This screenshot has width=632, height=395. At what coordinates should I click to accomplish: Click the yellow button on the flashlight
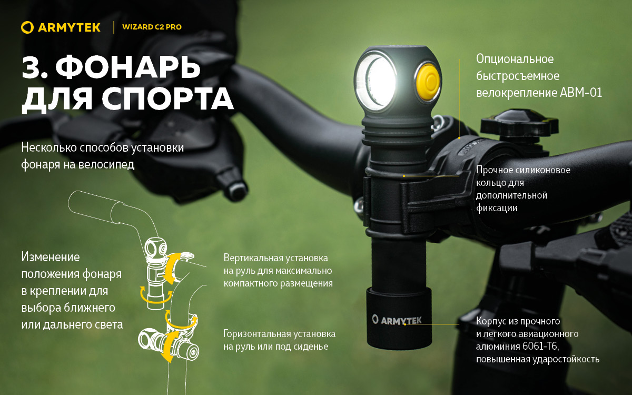point(428,82)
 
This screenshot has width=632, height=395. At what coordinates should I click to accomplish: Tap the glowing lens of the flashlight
point(377,82)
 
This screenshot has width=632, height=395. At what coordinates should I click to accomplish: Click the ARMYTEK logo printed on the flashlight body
point(397,320)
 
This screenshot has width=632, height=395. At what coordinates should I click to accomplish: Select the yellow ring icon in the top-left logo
point(27,27)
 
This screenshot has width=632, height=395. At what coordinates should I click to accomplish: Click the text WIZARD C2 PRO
point(152,27)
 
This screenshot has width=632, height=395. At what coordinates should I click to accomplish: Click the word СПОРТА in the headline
point(167,98)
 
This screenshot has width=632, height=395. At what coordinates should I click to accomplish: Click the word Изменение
point(51,257)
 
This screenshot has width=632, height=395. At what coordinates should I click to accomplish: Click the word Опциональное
point(515,59)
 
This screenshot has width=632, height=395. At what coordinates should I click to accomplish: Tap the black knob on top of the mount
point(519,123)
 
